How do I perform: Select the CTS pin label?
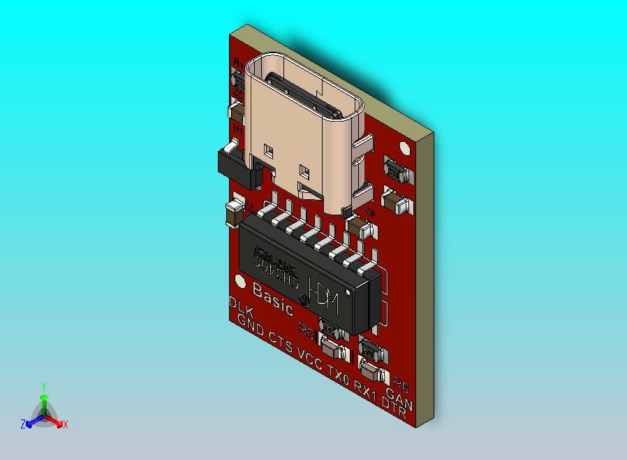tap(281, 342)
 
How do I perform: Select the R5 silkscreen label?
tap(307, 327)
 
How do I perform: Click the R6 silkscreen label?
tap(401, 384)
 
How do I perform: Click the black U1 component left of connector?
tap(233, 164)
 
